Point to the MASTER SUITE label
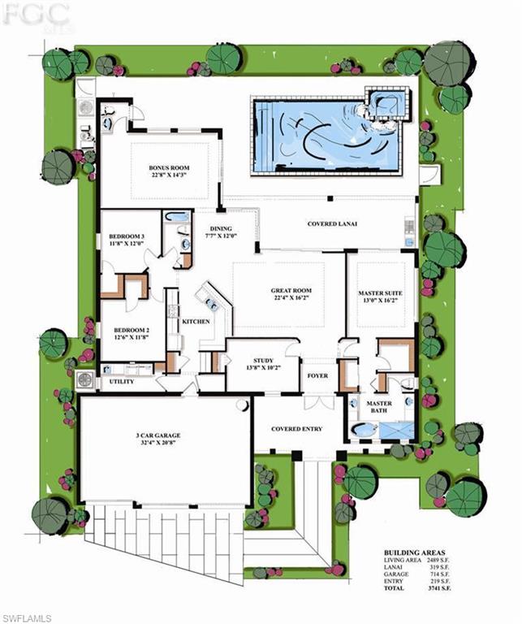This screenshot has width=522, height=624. (382, 292)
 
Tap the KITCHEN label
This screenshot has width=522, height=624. (196, 322)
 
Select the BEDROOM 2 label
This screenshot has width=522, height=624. (125, 331)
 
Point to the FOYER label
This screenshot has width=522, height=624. (316, 376)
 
